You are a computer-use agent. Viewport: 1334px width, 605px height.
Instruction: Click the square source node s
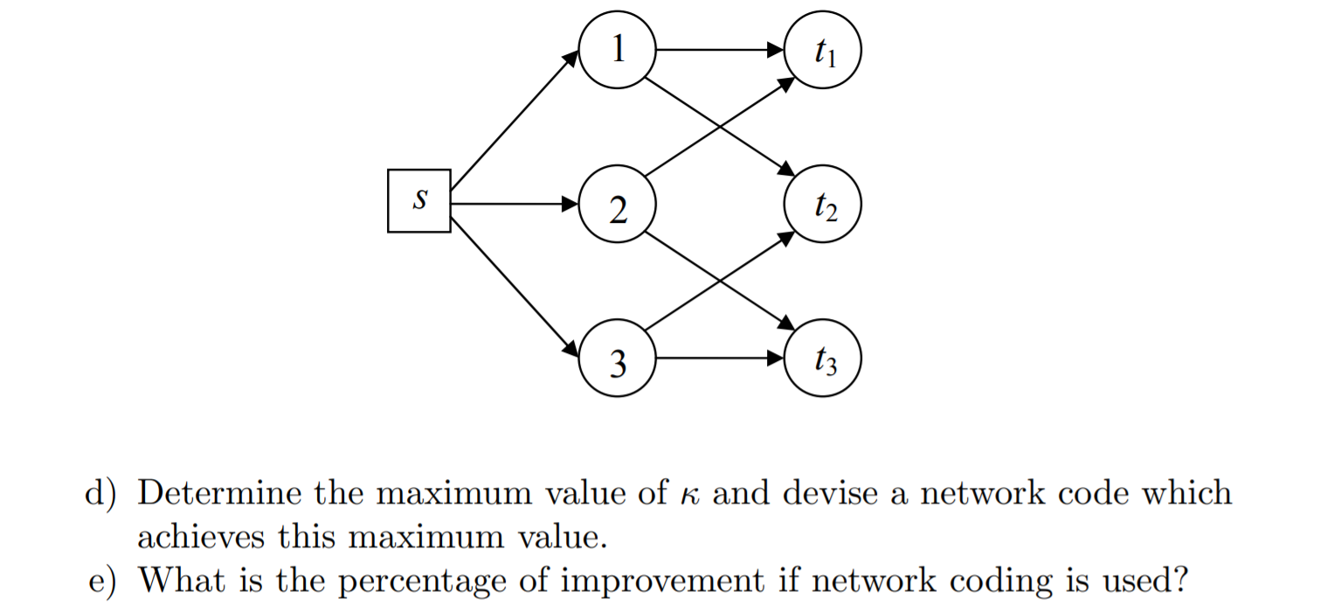point(419,201)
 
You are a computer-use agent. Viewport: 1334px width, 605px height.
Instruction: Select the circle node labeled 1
point(617,50)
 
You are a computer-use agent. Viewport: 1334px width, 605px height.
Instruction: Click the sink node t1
point(823,50)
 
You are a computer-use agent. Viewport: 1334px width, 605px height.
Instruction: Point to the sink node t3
point(823,358)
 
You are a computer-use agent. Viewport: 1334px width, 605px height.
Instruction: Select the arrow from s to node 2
point(514,205)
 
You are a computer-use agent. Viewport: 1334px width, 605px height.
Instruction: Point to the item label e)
point(102,580)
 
